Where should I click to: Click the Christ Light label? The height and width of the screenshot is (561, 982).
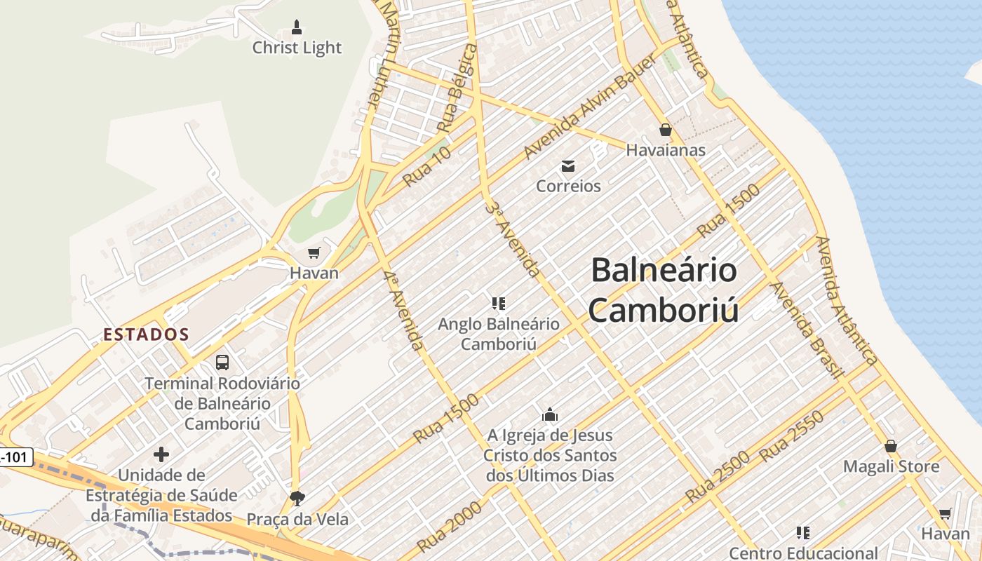tap(297, 48)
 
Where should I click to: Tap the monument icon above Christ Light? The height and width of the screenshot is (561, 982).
tap(297, 28)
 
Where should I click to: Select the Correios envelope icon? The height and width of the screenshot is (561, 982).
tap(568, 166)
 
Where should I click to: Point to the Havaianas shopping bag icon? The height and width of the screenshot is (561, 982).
tap(666, 130)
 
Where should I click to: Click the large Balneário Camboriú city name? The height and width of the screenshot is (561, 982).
tap(664, 289)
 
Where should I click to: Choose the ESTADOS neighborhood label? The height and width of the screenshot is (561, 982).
tap(146, 334)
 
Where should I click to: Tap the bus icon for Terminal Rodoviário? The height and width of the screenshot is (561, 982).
tap(222, 363)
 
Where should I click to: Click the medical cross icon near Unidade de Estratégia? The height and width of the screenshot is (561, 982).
tap(161, 454)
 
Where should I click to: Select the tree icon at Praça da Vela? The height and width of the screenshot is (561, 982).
tap(297, 498)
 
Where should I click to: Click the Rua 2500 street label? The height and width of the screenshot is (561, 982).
tap(718, 476)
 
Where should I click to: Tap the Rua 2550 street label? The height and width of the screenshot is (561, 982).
tap(792, 436)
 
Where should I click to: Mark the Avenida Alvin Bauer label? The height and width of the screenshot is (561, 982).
tap(591, 106)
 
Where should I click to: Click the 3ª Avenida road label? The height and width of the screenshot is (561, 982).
tap(513, 238)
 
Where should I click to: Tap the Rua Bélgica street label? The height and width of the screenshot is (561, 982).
tap(457, 88)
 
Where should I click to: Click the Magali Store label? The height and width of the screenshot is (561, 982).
tap(891, 466)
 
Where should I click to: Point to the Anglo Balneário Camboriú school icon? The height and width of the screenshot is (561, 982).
tap(499, 304)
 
